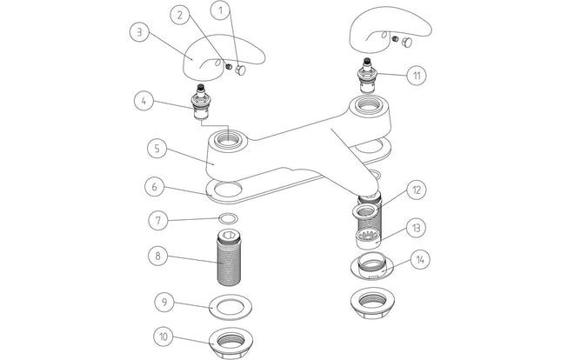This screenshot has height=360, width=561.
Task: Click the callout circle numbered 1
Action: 220,11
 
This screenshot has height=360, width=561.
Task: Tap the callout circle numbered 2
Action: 179,15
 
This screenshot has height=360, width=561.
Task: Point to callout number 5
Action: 156,148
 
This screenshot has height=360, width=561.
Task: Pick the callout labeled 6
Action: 153,186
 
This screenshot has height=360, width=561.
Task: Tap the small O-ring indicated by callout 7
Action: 229,218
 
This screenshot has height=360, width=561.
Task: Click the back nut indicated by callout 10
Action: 229,339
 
